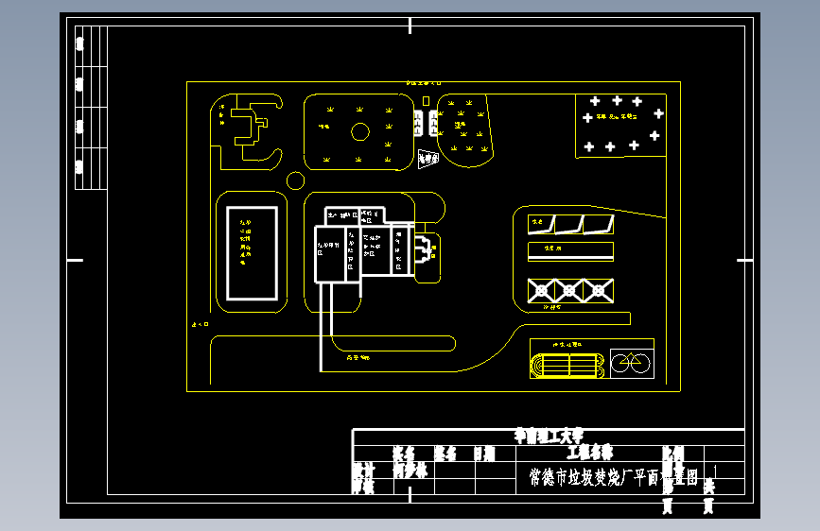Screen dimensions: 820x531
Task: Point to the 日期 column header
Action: pyautogui.click(x=484, y=454)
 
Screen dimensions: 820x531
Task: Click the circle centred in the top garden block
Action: pyautogui.click(x=359, y=131)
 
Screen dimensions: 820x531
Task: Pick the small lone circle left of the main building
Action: pyautogui.click(x=295, y=180)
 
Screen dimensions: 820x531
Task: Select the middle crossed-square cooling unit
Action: pyautogui.click(x=569, y=290)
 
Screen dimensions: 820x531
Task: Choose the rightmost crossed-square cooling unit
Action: pyautogui.click(x=598, y=290)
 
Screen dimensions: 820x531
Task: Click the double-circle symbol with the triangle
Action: pyautogui.click(x=630, y=362)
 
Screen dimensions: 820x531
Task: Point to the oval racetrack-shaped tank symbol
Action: pyautogui.click(x=567, y=365)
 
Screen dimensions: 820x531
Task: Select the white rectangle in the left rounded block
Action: pyautogui.click(x=253, y=253)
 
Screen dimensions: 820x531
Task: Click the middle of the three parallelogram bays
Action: pyautogui.click(x=568, y=225)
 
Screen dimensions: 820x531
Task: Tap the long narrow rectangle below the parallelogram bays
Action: pyautogui.click(x=570, y=251)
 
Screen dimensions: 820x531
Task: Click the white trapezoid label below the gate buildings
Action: pyautogui.click(x=427, y=160)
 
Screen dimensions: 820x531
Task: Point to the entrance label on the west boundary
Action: pyautogui.click(x=201, y=324)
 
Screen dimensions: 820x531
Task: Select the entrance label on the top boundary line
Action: pyautogui.click(x=425, y=83)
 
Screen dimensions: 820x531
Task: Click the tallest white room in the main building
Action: pyautogui.click(x=331, y=254)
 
